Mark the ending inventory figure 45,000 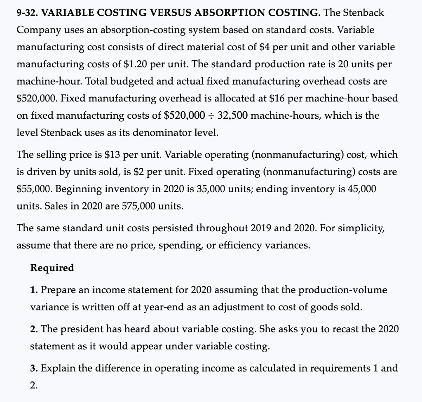[362, 189]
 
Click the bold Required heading [52, 268]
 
